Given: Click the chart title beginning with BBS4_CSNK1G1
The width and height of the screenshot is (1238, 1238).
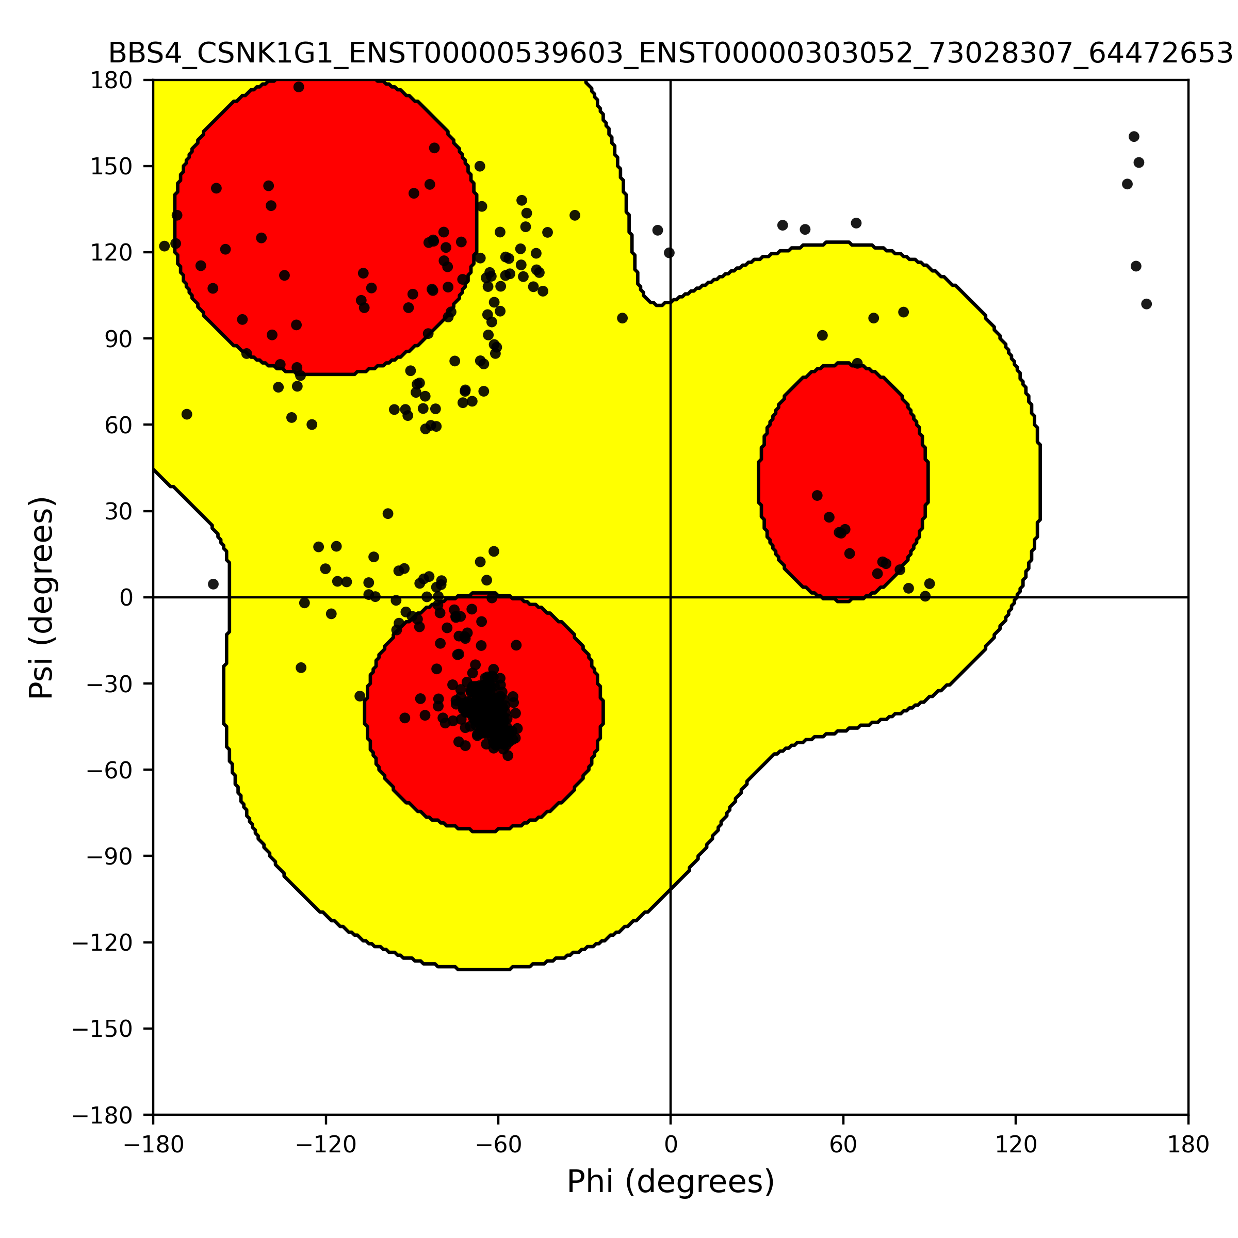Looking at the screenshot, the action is tap(670, 54).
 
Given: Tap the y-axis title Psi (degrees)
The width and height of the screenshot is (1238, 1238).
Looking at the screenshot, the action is tap(42, 597).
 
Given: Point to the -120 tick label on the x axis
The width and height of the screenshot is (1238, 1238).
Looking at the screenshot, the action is tap(325, 1145).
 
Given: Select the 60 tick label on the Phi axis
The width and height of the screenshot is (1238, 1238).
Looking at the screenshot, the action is tap(843, 1145).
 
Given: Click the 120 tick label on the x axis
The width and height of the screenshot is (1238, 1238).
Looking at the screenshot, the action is tap(1016, 1145).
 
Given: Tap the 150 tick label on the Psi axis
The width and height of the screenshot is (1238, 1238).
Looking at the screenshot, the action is tap(111, 167).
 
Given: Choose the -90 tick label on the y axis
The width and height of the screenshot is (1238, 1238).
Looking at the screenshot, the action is tap(109, 856).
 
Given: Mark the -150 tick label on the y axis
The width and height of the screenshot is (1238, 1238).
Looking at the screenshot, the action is tap(103, 1029).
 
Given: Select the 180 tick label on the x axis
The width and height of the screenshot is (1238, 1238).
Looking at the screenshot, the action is tap(1188, 1145).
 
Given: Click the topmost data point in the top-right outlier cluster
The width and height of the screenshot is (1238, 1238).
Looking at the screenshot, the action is tap(1134, 137).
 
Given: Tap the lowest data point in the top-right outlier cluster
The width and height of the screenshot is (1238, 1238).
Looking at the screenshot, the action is tap(1146, 304).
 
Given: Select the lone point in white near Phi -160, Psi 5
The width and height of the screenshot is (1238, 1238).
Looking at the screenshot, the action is tap(214, 584).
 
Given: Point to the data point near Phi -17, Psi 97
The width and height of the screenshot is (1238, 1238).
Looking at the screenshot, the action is tap(622, 318).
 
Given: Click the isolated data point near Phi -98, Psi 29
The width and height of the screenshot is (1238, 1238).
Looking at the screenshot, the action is tap(388, 513).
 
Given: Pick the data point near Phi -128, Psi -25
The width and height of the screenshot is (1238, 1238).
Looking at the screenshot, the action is tap(301, 667).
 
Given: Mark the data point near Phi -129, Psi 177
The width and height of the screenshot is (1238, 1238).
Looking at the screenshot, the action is tap(299, 87).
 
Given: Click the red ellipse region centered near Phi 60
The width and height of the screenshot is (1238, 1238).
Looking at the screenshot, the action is tap(843, 482).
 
